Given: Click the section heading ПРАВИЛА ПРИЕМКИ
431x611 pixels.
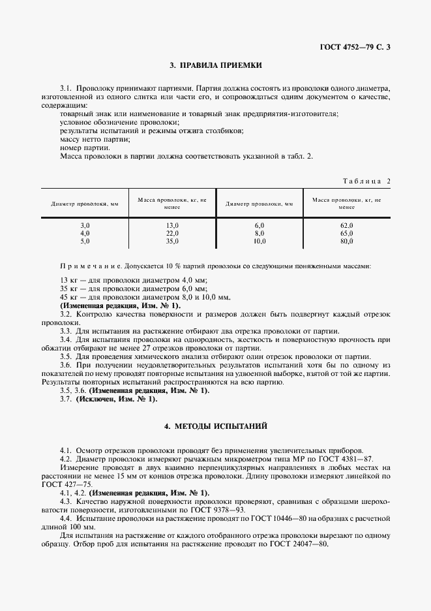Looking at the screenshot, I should (215, 65).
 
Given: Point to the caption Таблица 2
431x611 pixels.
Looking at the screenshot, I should (366, 181).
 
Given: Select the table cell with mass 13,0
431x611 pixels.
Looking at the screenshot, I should (172, 225).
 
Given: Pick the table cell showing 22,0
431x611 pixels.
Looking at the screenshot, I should (172, 233).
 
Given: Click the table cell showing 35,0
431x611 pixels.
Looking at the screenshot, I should (172, 241).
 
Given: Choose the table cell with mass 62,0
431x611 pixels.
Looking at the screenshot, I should (346, 225).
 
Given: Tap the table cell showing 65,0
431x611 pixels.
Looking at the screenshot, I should (346, 233).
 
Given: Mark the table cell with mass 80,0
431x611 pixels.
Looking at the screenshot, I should (346, 241).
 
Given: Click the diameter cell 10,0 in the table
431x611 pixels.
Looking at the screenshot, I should (260, 241).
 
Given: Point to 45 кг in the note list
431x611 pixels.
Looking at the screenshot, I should (68, 297).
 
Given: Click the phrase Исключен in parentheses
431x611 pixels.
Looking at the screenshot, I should (101, 399).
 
